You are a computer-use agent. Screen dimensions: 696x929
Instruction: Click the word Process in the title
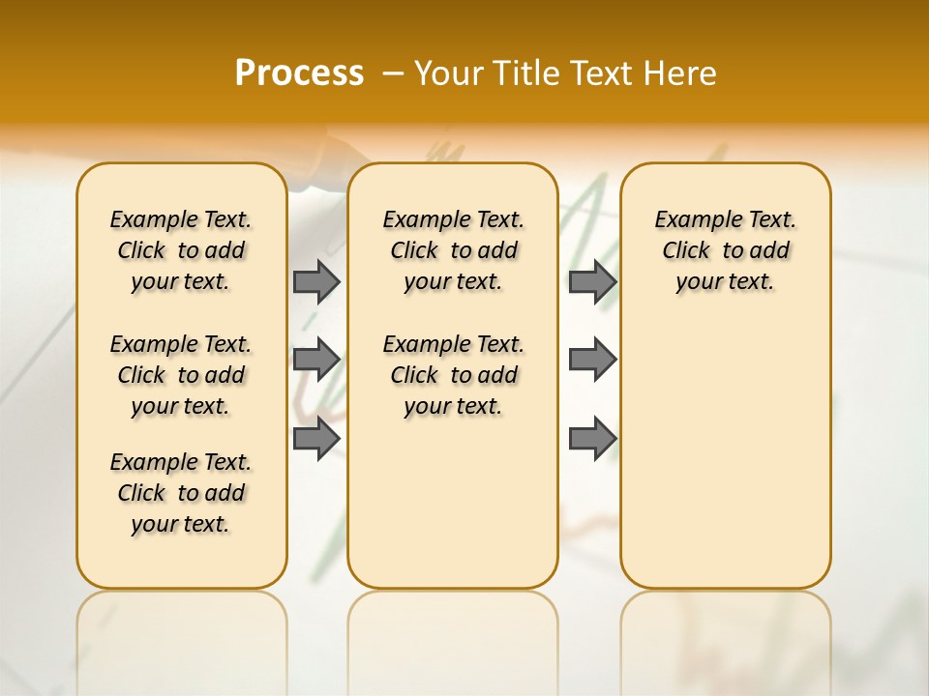299,73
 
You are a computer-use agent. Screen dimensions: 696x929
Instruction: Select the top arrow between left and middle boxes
316,281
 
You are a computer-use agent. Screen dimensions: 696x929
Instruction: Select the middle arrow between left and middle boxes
316,360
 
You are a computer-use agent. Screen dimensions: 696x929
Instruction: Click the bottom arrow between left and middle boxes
316,439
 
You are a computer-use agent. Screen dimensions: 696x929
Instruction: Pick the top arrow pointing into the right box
592,281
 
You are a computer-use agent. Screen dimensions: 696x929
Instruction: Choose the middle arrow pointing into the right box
592,360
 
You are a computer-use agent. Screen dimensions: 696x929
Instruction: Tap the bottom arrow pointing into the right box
592,439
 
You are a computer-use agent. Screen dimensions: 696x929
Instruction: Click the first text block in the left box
181,250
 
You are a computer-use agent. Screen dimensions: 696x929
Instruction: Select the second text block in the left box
181,375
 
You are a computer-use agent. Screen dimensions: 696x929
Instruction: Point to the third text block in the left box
181,493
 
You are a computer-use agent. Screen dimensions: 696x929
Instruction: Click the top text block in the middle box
453,250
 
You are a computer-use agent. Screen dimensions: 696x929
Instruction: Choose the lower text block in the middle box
453,375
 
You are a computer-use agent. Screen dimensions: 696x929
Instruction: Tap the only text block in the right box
725,250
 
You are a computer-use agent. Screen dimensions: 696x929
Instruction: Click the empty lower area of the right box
725,454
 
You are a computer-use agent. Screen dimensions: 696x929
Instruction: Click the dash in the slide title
393,73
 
